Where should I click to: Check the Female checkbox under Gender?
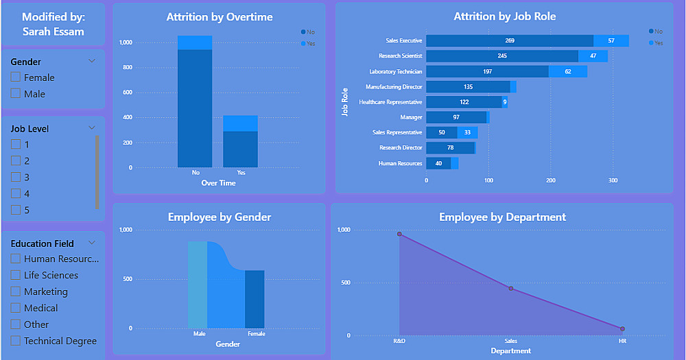[x=16, y=77]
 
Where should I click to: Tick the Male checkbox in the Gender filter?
[x=16, y=94]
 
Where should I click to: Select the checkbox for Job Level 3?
[x=16, y=178]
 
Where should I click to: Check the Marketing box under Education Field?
[x=16, y=291]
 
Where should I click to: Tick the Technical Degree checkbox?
[x=16, y=341]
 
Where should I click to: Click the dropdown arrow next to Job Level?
[x=92, y=128]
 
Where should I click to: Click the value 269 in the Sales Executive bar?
[x=510, y=41]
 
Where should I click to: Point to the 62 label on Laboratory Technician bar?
[x=568, y=71]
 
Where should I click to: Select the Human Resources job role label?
[x=401, y=164]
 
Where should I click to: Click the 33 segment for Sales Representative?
[x=467, y=133]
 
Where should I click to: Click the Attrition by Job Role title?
[x=505, y=16]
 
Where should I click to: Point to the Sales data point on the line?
[x=511, y=288]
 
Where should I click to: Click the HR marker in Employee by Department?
[x=622, y=329]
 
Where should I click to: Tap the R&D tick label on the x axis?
[x=399, y=341]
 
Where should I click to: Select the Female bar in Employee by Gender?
[x=255, y=299]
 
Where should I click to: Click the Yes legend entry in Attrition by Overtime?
[x=308, y=44]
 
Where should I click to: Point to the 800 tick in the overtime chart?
[x=126, y=68]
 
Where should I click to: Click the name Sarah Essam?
[x=53, y=32]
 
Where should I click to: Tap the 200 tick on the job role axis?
[x=551, y=181]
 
